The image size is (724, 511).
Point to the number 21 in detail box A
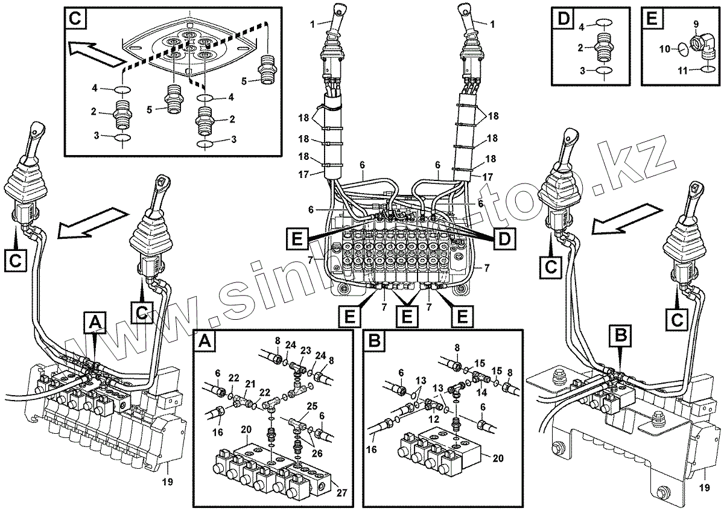pos(250,384)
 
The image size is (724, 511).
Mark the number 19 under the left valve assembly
pos(168,482)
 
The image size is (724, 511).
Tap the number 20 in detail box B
pos(498,457)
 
